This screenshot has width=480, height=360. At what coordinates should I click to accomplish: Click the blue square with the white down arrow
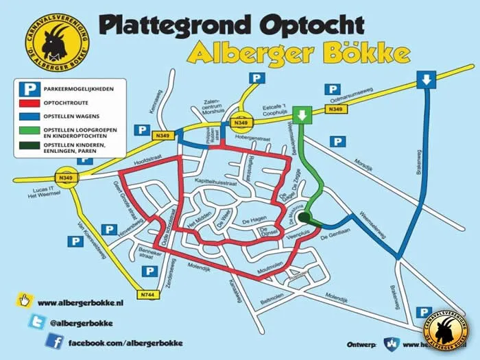(x=426, y=80)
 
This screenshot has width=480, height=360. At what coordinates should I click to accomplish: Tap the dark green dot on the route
(x=304, y=217)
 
